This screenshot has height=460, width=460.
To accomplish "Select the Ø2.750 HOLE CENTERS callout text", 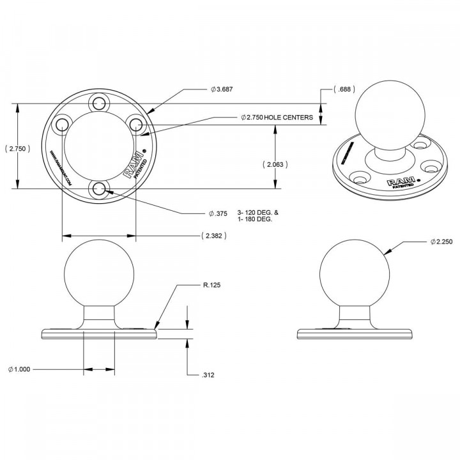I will [x=276, y=118].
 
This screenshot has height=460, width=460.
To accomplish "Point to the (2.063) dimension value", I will [x=275, y=164].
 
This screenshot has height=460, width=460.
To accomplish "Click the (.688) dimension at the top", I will [x=344, y=89].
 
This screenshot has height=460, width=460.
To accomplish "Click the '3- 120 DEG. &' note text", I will [x=255, y=211].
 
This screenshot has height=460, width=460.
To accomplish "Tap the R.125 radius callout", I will [x=212, y=286].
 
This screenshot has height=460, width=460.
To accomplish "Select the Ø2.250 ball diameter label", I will [x=423, y=242].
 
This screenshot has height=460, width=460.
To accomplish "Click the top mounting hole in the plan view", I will [x=98, y=103].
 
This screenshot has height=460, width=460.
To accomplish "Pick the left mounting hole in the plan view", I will [x=61, y=125].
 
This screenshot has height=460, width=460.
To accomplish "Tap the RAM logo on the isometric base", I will [x=400, y=183].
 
